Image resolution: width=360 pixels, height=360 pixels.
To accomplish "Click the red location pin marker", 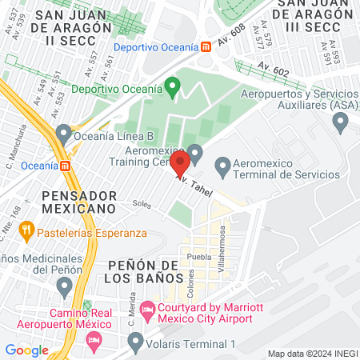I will (x=180, y=164).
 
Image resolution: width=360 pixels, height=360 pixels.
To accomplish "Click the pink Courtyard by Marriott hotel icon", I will (x=147, y=308).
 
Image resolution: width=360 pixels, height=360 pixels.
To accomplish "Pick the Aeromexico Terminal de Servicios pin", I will (x=223, y=168).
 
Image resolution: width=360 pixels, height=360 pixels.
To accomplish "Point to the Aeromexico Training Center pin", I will (x=195, y=153).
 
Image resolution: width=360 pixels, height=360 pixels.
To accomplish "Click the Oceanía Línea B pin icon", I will (x=64, y=134).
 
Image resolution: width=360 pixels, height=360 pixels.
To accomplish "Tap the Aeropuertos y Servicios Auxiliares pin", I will (x=340, y=122).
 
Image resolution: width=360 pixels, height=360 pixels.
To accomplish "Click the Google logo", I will (x=26, y=350).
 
